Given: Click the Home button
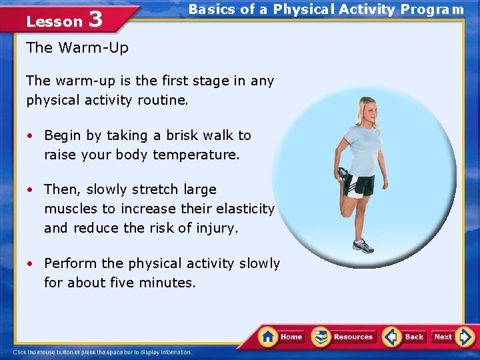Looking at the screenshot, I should coord(281,337).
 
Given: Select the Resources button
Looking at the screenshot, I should coord(344,337).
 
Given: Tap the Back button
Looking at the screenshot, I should coord(405,337).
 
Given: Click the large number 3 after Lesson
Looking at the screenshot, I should coord(95,19).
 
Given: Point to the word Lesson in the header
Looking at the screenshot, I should coord(54,21).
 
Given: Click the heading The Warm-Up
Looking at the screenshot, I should coord(77,47).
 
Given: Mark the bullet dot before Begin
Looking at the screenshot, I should coord(31,136).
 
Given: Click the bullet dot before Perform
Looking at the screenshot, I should coord(31,264).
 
